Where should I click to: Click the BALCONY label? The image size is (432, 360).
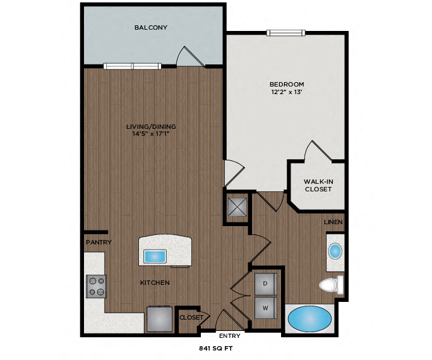click(x=150, y=27)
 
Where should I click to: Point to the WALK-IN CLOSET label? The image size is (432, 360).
click(x=318, y=185)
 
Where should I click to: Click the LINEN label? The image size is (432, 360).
click(x=333, y=222)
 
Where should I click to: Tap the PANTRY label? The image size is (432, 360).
click(x=99, y=242)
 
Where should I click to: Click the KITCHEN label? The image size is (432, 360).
click(x=155, y=282)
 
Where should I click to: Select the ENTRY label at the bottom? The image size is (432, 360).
click(x=228, y=335)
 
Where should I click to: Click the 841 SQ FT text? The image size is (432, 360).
click(x=217, y=348)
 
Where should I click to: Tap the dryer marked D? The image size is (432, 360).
click(x=266, y=284)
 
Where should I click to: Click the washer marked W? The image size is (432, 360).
click(x=266, y=308)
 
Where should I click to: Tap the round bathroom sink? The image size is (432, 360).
click(x=335, y=251)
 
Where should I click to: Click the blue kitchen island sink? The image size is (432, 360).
click(x=155, y=256)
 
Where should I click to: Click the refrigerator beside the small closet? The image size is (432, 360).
click(x=159, y=319)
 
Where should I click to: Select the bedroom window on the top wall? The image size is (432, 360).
click(x=286, y=33)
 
